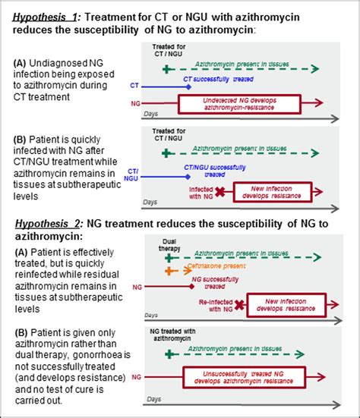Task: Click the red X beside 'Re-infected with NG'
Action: click(238, 306)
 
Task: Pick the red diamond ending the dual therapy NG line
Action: click(189, 288)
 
